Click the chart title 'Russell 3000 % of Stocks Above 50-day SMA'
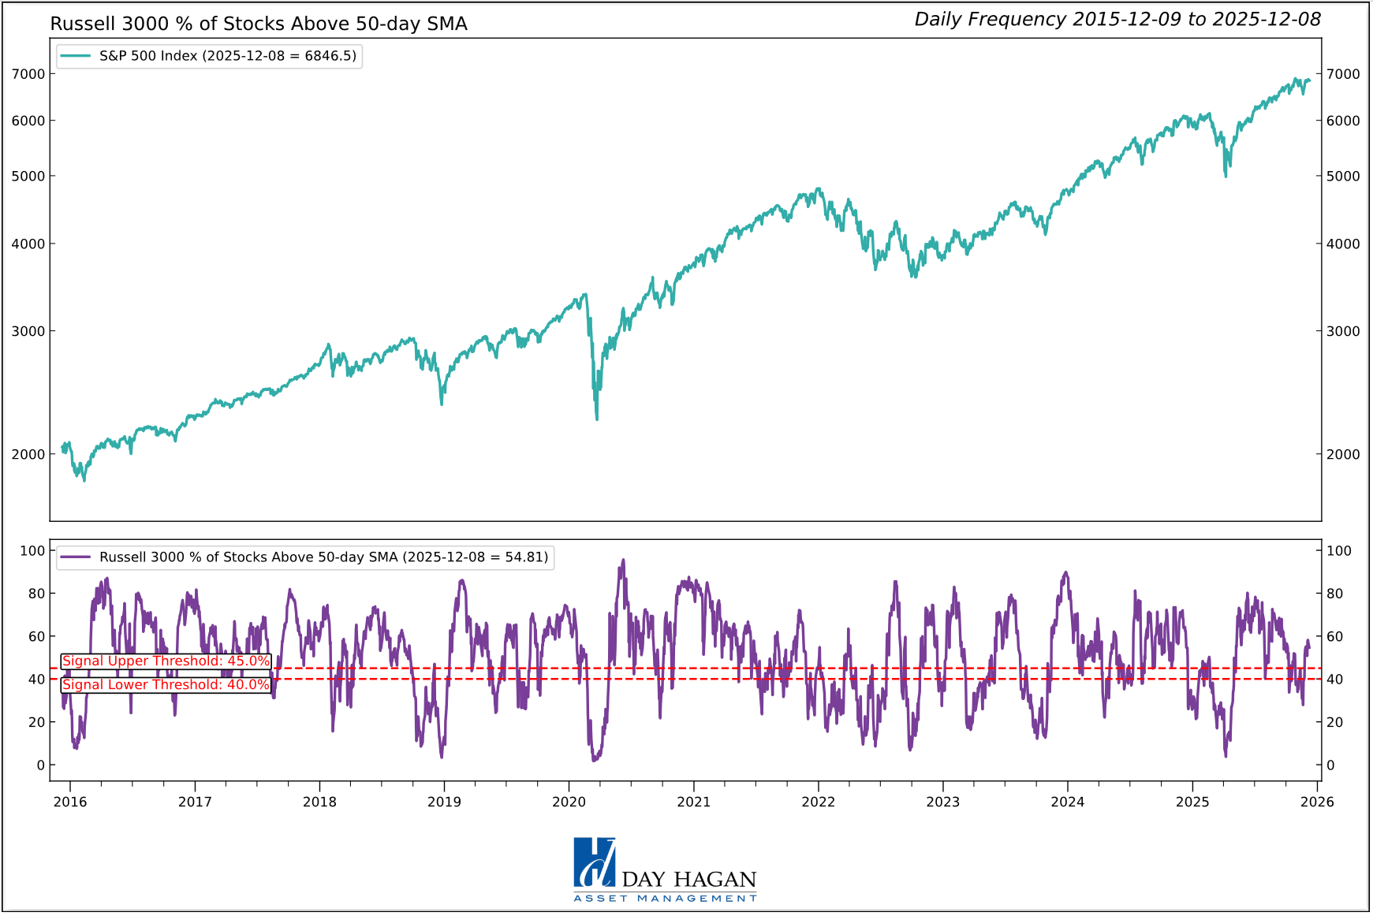(x=259, y=24)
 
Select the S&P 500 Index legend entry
(x=209, y=56)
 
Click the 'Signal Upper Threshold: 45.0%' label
(x=166, y=661)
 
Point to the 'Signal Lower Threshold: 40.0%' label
(x=166, y=685)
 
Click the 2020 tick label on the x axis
(x=569, y=802)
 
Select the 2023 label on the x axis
(x=942, y=802)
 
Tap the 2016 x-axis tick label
(x=70, y=802)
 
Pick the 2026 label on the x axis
(x=1317, y=802)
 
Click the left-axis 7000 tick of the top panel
(x=28, y=74)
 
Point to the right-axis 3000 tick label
(x=1343, y=331)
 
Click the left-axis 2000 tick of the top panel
(x=28, y=454)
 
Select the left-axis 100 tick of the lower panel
(x=32, y=550)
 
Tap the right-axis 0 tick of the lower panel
(x=1330, y=765)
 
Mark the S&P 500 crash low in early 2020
(x=597, y=419)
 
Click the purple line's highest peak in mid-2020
(x=624, y=560)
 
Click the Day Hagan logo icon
(x=594, y=862)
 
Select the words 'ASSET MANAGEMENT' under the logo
(x=665, y=899)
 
